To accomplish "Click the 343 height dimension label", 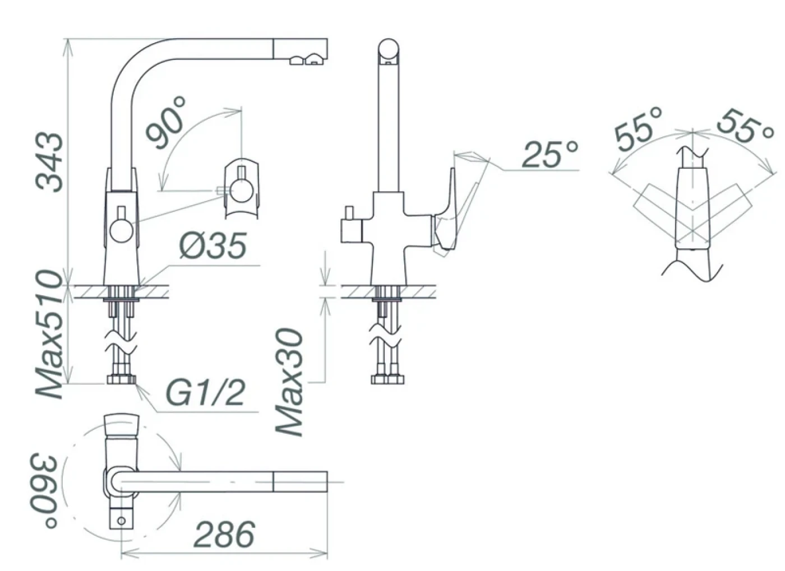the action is tap(50, 162).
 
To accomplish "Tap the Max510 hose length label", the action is tap(50, 334).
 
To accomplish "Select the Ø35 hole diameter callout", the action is tap(213, 245).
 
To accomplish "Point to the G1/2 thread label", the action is tap(204, 392).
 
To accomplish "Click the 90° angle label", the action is tap(165, 123).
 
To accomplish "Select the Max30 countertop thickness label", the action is tap(289, 383).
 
